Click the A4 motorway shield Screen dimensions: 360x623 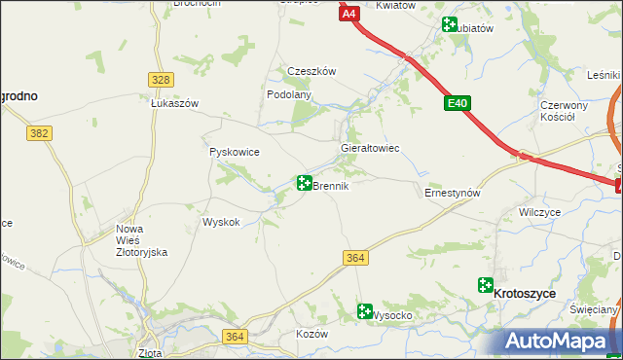coord(349,14)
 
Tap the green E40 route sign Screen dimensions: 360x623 coord(458,102)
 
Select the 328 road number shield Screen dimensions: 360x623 coord(162,80)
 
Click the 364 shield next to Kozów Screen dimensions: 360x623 coord(234,336)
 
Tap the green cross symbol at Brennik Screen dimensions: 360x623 coord(304,182)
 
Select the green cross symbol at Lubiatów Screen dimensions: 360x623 coord(450,25)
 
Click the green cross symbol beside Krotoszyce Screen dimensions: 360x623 coord(485,285)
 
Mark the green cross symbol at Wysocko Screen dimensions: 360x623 coord(365,312)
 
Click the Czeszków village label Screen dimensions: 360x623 coord(311,71)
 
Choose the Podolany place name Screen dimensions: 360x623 coord(289,94)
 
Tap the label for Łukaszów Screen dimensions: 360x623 coord(174,103)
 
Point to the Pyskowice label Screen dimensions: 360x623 coord(233,152)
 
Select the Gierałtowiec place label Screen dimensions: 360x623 coord(370,148)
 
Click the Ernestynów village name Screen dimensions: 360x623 coord(454,193)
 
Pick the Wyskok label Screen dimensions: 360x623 coord(221,222)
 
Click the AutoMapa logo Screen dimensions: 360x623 coord(560,341)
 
